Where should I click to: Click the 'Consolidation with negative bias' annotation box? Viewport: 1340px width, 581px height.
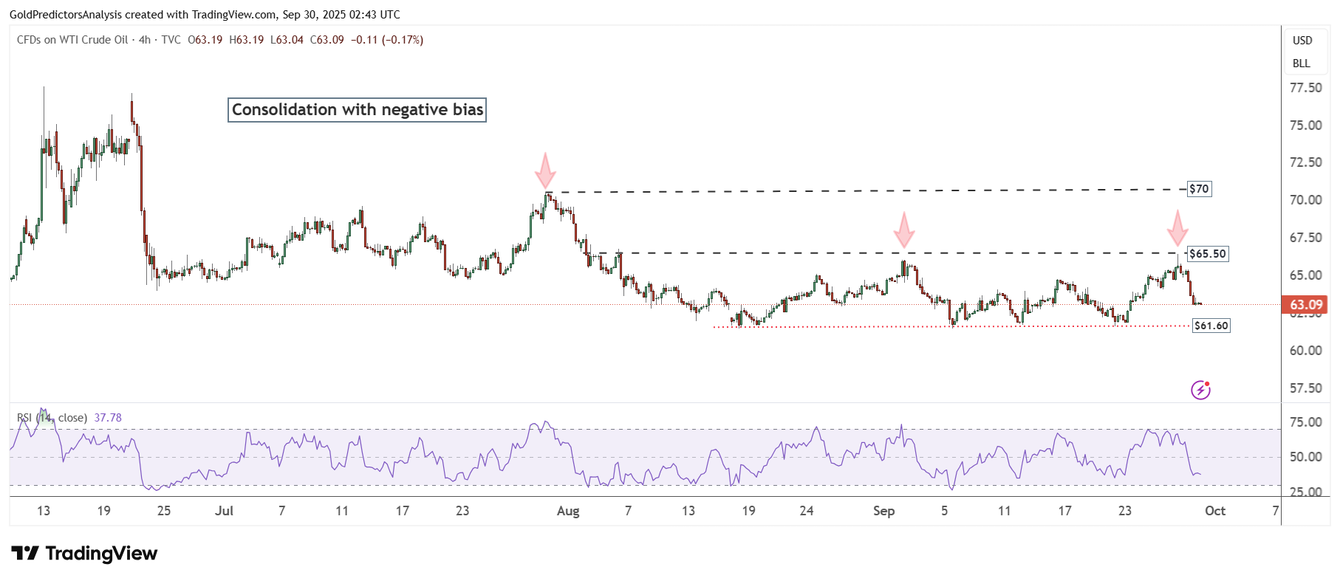click(x=357, y=110)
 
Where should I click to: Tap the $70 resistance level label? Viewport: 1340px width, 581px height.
click(x=1199, y=189)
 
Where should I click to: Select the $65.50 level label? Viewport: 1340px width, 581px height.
click(x=1208, y=254)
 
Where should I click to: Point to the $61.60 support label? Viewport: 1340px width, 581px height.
click(x=1211, y=326)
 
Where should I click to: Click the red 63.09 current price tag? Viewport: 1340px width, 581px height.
click(x=1305, y=305)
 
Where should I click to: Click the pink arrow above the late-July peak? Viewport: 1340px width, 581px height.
click(x=545, y=171)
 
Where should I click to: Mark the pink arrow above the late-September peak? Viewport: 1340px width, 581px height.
click(x=1177, y=228)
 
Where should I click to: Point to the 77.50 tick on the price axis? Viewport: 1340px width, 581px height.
click(x=1305, y=88)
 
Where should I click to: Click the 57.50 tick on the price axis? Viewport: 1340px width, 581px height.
click(x=1305, y=388)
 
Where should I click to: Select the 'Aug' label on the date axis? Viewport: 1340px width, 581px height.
click(x=568, y=511)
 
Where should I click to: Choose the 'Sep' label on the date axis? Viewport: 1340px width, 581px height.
click(x=883, y=511)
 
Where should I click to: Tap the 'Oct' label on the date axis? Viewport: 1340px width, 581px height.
click(x=1215, y=511)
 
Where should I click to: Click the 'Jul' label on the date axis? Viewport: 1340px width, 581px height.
click(x=224, y=511)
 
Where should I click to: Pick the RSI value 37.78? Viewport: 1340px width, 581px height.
click(x=108, y=418)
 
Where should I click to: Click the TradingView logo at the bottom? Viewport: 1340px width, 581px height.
click(x=85, y=554)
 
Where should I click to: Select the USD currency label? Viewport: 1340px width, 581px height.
click(x=1302, y=41)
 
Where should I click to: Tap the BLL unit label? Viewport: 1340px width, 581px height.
click(x=1302, y=63)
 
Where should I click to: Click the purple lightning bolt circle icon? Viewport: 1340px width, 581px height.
click(x=1200, y=390)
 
